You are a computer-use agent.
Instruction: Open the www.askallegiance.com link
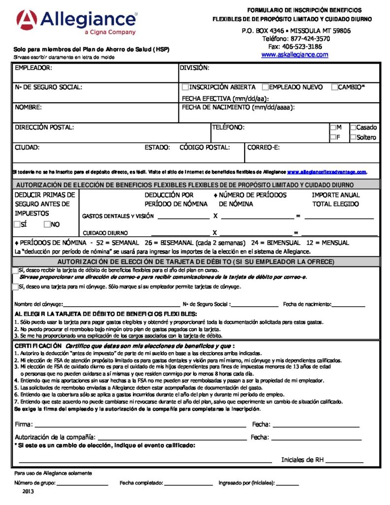point(294,55)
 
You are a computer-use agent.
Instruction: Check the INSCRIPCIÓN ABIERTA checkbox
point(185,87)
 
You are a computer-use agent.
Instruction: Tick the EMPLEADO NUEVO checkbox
point(265,87)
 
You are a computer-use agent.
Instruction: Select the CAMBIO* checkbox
point(334,87)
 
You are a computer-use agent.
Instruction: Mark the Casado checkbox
point(353,127)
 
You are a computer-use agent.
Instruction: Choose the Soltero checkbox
point(353,138)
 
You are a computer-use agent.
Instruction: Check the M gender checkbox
point(333,127)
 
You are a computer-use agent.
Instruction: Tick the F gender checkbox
point(333,138)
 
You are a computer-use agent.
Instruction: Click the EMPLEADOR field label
point(33,68)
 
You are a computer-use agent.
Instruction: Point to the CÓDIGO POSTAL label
point(205,147)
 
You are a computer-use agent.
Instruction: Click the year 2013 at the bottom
point(28,492)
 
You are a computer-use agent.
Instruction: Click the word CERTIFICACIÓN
point(38,346)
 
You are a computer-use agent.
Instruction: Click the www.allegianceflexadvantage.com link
point(327,172)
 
